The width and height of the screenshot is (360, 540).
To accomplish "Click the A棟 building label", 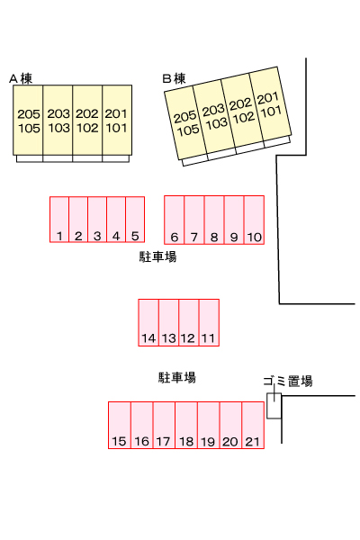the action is (x=21, y=78).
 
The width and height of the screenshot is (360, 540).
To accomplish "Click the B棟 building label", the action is (x=174, y=78).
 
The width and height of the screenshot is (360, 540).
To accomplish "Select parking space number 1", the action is (x=59, y=220).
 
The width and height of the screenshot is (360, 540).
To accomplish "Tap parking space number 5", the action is (x=135, y=220).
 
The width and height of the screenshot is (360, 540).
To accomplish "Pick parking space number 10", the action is (x=254, y=220).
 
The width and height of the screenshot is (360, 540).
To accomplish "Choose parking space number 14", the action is (x=148, y=322).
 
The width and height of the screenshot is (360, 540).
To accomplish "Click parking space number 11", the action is (x=209, y=322).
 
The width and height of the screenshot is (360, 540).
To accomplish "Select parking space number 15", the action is (x=120, y=425).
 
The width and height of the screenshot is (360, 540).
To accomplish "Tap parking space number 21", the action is (x=253, y=425).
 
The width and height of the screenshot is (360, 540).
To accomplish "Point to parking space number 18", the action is (x=186, y=425).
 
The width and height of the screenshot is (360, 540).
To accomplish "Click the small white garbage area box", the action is (x=274, y=406).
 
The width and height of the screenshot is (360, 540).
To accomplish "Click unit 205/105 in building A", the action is (x=28, y=121).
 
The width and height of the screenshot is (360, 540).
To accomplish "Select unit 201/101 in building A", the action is (x=117, y=121).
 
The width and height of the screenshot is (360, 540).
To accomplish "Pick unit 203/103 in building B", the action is (x=214, y=116).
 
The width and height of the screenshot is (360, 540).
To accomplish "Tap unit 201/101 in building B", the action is (x=270, y=104).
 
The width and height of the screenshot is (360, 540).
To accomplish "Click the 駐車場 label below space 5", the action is (x=157, y=256).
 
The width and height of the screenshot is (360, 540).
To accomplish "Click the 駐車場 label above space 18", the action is (x=177, y=377).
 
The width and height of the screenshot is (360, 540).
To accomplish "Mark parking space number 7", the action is (x=194, y=220).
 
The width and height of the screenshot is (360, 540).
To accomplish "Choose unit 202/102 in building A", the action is (x=87, y=121).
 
